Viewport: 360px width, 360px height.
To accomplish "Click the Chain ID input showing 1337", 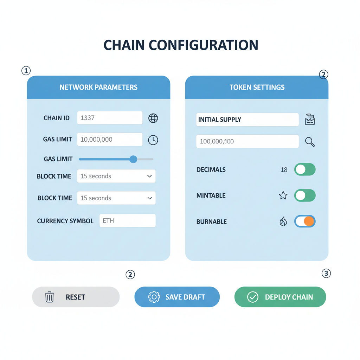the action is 110,118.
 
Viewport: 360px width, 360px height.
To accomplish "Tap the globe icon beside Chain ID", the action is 153,118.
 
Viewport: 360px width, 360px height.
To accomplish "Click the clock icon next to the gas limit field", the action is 153,140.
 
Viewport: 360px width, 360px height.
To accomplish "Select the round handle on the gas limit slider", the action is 133,159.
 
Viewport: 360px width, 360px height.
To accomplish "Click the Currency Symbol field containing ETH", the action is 127,221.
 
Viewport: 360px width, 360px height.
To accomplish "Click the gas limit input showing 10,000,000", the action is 110,140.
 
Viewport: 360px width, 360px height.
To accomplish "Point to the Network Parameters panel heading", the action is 98,87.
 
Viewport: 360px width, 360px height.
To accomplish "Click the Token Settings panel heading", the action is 257,87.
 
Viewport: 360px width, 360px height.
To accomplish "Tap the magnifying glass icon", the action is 310,142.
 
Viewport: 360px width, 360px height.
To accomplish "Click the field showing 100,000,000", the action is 247,141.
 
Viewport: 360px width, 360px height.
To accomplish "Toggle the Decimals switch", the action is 305,169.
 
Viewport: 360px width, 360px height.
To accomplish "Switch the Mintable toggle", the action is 305,195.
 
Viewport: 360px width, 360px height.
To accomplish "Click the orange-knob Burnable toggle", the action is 305,221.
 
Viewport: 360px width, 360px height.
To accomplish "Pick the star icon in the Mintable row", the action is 283,195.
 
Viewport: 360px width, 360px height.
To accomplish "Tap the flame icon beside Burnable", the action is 283,221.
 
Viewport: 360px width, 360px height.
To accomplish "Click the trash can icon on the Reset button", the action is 50,297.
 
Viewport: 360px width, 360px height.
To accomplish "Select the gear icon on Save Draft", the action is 154,297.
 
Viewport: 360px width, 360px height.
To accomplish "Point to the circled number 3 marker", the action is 326,273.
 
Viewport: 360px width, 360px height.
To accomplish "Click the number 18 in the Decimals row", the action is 284,170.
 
